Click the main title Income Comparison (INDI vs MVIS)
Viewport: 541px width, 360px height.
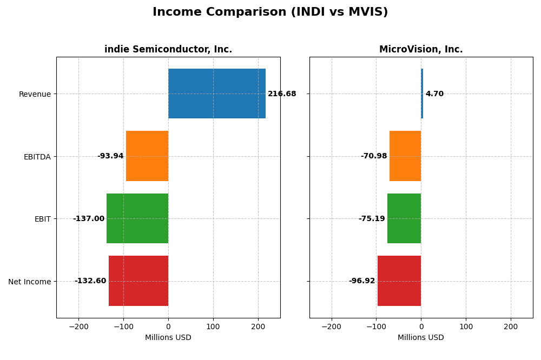pos(270,12)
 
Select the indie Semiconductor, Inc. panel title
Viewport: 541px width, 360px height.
pos(168,50)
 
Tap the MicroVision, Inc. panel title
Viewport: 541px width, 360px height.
pos(421,50)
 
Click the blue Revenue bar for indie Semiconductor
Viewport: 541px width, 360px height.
pos(216,94)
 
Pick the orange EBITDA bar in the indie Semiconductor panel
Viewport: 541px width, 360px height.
pos(147,156)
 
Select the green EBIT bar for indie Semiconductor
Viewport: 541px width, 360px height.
pos(137,218)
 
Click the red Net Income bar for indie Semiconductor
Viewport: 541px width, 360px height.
pos(138,281)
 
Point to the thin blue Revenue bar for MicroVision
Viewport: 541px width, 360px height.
pos(422,94)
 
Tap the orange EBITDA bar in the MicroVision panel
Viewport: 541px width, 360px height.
pos(405,156)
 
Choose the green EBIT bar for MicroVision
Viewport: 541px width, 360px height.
pos(404,218)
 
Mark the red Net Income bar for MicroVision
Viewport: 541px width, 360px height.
pos(399,281)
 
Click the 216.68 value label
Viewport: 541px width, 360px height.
pos(282,94)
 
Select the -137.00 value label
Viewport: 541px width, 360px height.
pos(89,219)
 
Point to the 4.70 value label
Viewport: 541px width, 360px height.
pos(434,94)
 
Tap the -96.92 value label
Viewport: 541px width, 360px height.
pos(362,281)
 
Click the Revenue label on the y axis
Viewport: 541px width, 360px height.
pos(35,94)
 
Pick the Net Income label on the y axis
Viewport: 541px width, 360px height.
pos(30,282)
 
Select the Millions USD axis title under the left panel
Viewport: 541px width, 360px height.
pos(168,338)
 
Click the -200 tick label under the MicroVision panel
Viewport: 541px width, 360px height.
pos(332,326)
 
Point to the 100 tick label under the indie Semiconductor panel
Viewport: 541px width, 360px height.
pos(213,326)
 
